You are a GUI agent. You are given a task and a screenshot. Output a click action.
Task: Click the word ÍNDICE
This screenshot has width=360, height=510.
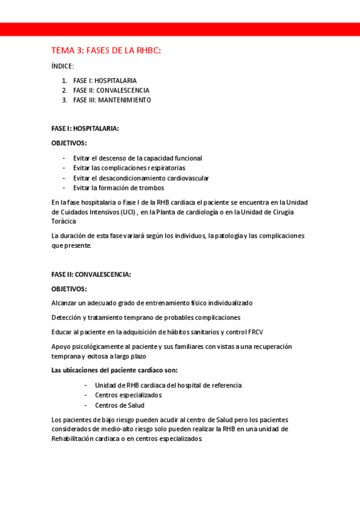(x=63, y=66)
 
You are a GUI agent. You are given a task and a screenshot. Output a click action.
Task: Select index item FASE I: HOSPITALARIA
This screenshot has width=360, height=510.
(x=105, y=81)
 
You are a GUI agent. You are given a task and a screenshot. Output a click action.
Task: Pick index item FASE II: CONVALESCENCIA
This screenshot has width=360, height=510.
(x=111, y=90)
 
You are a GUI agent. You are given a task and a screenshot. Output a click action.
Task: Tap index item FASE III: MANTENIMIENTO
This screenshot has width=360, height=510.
(x=112, y=100)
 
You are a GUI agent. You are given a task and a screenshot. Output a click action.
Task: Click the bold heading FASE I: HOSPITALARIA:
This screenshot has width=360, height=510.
(x=85, y=128)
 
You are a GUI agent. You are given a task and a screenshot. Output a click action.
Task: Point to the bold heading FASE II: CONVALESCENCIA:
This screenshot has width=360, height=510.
(x=91, y=274)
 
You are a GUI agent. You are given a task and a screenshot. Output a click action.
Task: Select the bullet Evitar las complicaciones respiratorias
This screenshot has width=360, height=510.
(x=129, y=168)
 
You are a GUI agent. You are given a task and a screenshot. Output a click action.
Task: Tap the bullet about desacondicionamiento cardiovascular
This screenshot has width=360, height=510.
(x=141, y=178)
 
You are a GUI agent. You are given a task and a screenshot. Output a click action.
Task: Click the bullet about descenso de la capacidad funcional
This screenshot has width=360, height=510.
(x=138, y=158)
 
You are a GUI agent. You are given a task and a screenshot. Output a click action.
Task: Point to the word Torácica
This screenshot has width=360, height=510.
(x=64, y=221)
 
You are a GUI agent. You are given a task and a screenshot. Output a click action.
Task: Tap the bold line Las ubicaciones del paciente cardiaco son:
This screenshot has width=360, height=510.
(x=114, y=370)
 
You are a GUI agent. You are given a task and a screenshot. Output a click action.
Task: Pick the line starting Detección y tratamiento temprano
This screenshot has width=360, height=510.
(x=146, y=317)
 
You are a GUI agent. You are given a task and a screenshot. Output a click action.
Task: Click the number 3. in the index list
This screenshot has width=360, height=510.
(x=64, y=100)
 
